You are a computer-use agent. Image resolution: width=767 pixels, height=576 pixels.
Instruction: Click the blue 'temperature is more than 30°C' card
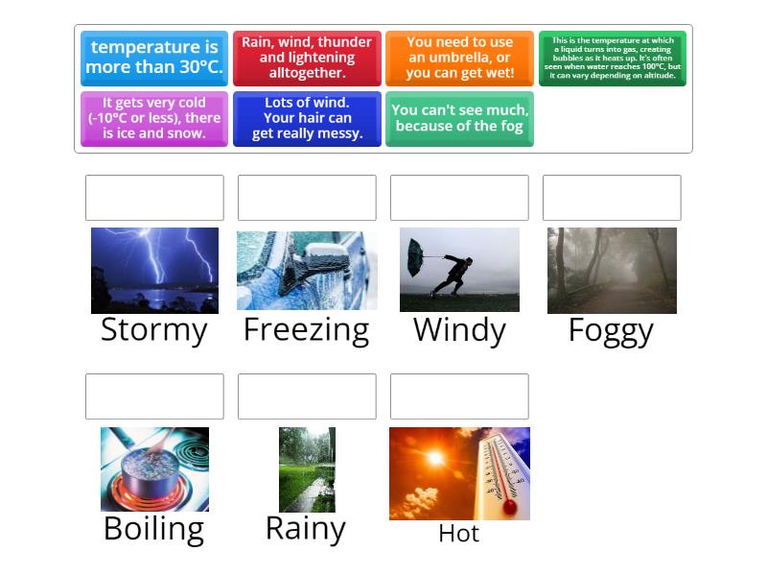coord(154,59)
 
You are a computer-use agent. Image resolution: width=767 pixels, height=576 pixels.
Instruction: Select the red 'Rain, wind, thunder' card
coord(307,59)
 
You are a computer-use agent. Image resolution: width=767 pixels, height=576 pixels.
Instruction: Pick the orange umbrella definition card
coord(459,59)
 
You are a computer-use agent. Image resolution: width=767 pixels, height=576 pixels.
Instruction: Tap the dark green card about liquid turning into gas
coord(612,59)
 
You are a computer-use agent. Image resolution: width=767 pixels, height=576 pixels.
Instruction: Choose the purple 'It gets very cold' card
coord(154,118)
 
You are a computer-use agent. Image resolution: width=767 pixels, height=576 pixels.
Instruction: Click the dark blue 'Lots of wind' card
coord(307,118)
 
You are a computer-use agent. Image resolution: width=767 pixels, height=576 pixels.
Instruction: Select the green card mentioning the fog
coord(459,118)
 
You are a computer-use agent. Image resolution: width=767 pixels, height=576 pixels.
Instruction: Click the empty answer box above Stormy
coord(154,198)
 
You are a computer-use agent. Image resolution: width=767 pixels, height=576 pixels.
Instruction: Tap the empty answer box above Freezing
coord(307,198)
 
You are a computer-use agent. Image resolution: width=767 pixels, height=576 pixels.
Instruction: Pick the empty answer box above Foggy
coord(612,198)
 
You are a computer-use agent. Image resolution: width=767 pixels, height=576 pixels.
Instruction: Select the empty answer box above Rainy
coord(307,396)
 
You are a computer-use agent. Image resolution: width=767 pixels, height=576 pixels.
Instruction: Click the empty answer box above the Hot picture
coord(459,396)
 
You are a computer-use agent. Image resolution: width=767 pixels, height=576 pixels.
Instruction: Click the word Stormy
coord(154,330)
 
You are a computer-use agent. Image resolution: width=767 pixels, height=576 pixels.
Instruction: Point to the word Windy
coord(459,330)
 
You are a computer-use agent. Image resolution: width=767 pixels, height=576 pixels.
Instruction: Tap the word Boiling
coord(154,529)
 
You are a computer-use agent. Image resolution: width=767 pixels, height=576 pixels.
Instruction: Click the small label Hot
coord(458,534)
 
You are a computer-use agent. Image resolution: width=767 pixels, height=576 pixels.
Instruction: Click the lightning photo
coord(154,270)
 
